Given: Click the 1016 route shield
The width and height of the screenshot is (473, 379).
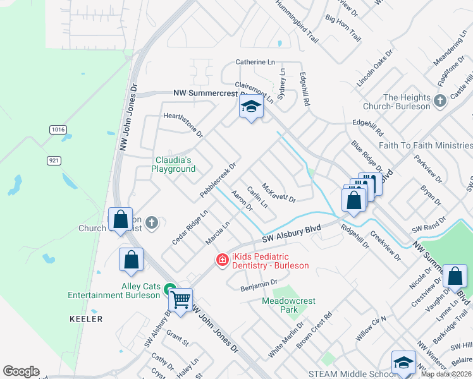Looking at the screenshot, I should pyautogui.click(x=58, y=129).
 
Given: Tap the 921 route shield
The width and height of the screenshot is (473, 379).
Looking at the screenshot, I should pyautogui.click(x=54, y=160).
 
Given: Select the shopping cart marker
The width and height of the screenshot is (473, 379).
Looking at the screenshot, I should pyautogui.click(x=181, y=300).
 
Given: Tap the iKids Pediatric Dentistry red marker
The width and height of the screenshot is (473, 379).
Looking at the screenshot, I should pyautogui.click(x=222, y=260).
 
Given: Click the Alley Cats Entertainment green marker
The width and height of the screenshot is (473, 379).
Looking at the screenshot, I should pyautogui.click(x=169, y=291).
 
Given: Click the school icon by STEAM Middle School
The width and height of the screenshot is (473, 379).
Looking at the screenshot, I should pyautogui.click(x=403, y=363).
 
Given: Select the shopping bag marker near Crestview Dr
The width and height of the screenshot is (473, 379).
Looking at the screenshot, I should pyautogui.click(x=455, y=276).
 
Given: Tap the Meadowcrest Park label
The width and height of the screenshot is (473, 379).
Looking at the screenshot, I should pyautogui.click(x=288, y=306).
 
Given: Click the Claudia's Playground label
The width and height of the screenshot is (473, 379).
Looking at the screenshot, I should pyautogui.click(x=173, y=164).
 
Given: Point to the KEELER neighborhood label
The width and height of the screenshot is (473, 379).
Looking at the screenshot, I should pyautogui.click(x=86, y=319).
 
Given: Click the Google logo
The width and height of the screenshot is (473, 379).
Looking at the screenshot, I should pyautogui.click(x=21, y=371).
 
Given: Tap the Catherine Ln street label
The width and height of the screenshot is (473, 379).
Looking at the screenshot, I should pyautogui.click(x=255, y=63).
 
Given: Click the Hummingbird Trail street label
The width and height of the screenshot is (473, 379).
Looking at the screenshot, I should pyautogui.click(x=296, y=21).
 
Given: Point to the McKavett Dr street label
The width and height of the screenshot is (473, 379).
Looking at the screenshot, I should pyautogui.click(x=278, y=190).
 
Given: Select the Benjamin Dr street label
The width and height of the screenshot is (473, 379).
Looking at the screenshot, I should pyautogui.click(x=259, y=286).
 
